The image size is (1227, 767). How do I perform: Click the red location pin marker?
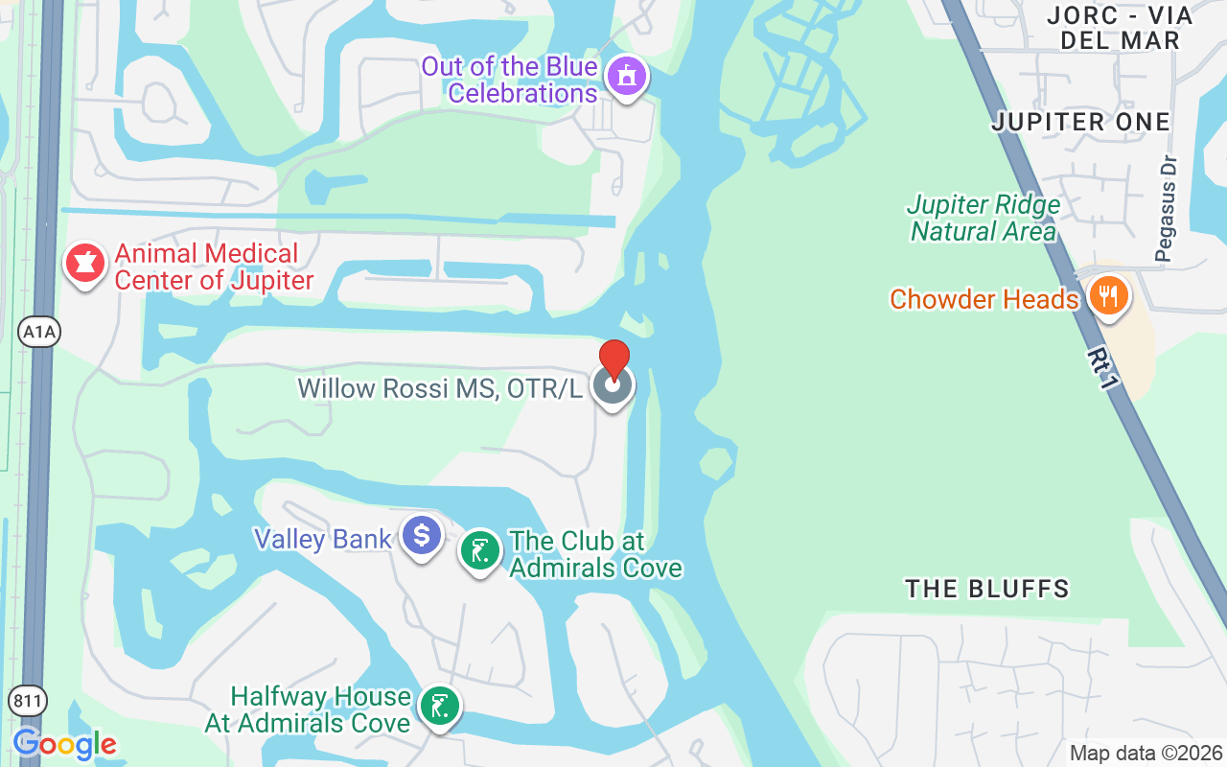click(614, 357)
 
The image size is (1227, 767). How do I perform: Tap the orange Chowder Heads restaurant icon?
click(1107, 296)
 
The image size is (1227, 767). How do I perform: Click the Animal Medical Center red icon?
click(84, 263)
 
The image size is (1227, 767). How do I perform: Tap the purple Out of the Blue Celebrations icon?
click(627, 76)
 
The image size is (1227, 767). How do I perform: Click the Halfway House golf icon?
click(440, 707)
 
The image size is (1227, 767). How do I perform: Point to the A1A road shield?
click(39, 333)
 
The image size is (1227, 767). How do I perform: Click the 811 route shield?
click(29, 701)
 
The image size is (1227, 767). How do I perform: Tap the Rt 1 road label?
click(1102, 369)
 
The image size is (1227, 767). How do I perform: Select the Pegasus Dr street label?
click(1165, 220)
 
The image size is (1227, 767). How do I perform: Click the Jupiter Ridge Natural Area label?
click(984, 219)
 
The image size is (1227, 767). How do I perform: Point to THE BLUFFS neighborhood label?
click(986, 589)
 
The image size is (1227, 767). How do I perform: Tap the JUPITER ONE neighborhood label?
click(1080, 122)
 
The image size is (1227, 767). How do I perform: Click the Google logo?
click(64, 744)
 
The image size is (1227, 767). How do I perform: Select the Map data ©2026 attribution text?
click(1146, 754)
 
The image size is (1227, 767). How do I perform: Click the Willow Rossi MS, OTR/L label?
click(439, 388)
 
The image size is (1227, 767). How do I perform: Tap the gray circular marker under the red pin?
click(613, 387)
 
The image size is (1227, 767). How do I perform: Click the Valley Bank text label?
click(322, 539)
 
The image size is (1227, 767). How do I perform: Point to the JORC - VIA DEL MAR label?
click(1119, 28)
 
